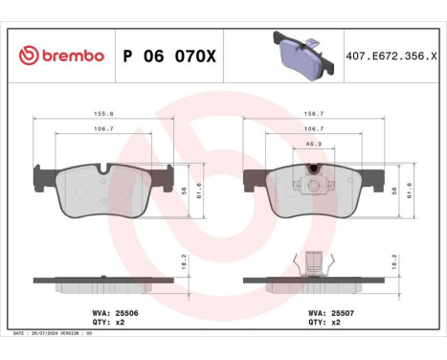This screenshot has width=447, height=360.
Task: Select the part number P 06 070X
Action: pyautogui.click(x=169, y=56)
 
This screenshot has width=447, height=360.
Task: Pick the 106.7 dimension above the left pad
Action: pyautogui.click(x=105, y=126)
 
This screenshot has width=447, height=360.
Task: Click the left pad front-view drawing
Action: pyautogui.click(x=105, y=191)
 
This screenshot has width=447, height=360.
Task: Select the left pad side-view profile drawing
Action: pyautogui.click(x=105, y=284)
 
